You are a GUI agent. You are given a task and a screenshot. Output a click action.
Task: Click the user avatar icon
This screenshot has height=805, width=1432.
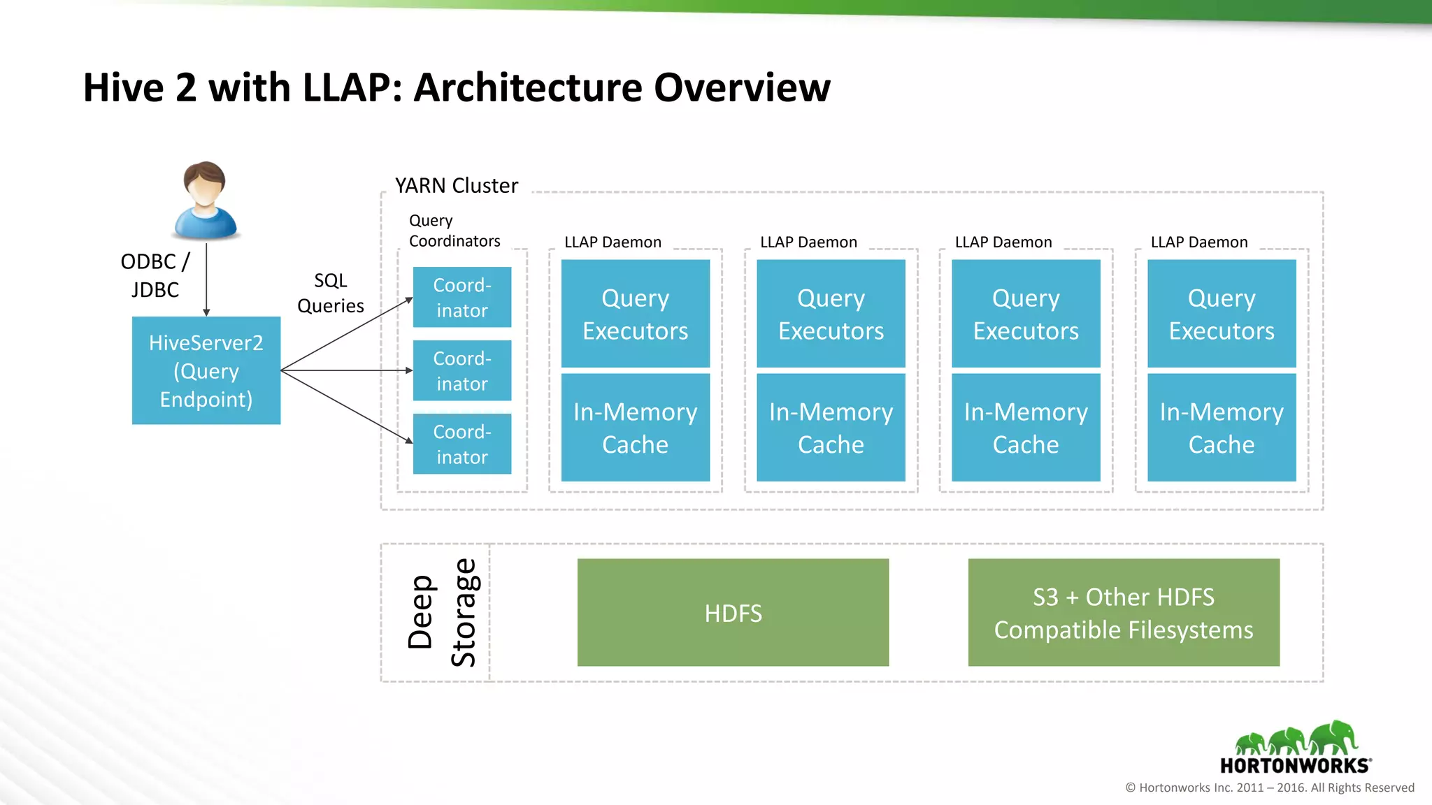[205, 201]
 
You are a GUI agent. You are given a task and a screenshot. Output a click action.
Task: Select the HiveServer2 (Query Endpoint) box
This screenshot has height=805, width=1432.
[206, 370]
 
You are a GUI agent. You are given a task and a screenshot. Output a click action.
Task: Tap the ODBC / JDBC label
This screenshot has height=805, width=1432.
[155, 275]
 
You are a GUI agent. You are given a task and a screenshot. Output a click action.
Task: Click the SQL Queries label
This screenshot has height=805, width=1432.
[330, 293]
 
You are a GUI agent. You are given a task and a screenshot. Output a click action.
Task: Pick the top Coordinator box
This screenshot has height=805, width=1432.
[462, 298]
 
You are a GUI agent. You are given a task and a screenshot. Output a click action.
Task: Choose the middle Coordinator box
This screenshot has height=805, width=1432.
[462, 371]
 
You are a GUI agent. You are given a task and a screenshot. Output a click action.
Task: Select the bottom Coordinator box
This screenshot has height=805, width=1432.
[462, 444]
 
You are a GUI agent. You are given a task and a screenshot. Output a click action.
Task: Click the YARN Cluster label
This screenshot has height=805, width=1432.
[456, 186]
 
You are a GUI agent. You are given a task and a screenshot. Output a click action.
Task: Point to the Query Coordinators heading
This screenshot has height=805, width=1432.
[454, 231]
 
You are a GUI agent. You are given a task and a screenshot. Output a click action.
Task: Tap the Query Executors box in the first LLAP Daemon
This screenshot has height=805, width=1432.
[635, 314]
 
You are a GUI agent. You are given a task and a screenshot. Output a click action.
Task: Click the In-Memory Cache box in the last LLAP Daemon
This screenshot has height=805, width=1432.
[1222, 428]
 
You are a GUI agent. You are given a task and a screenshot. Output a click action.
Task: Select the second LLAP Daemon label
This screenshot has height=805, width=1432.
[808, 242]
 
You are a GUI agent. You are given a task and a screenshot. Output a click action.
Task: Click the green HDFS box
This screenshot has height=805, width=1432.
[733, 613]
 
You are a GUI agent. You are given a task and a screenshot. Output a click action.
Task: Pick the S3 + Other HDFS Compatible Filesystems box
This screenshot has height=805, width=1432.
[1124, 613]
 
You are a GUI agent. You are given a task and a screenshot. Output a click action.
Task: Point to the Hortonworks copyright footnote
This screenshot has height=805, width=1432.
[1269, 788]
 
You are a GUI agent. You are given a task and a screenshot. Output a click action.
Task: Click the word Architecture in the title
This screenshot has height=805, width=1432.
[527, 88]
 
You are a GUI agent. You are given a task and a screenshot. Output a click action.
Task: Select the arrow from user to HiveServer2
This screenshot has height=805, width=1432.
[206, 280]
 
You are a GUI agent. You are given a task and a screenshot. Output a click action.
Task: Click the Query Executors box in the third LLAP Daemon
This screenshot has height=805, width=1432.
[1026, 314]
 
